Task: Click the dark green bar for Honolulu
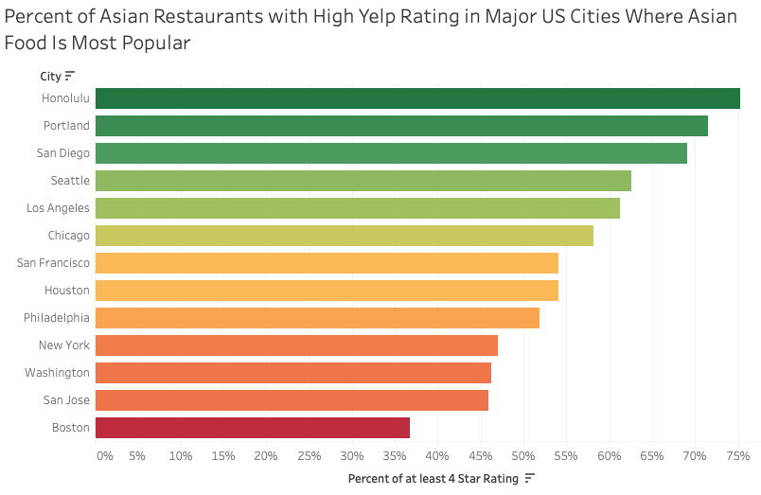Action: coord(416,98)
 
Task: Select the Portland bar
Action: coord(401,126)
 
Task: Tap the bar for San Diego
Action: coord(391,153)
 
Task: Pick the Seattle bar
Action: coord(363,181)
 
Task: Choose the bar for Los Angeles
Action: coord(357,208)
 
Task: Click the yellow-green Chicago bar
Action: coord(344,236)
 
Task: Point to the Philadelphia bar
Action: coord(317,318)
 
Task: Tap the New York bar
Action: coord(296,345)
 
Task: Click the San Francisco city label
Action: coord(53,263)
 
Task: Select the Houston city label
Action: coord(67,291)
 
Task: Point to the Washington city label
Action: coord(58,373)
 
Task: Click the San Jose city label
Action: coord(65,400)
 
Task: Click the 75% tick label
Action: coord(738,456)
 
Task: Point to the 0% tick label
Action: coord(104,456)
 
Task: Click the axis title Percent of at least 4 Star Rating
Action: coord(434,479)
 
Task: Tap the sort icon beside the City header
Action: coord(70,76)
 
